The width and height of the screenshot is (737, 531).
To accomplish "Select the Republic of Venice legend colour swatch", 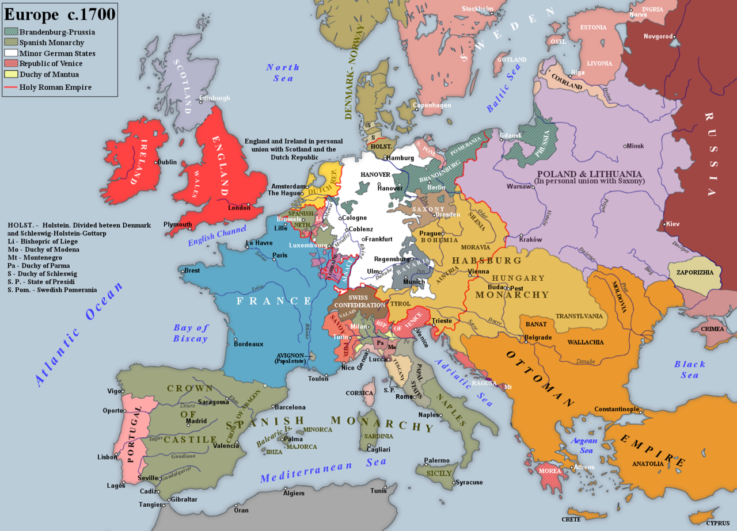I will click(11, 63).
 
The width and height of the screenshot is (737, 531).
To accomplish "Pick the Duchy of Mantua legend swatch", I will click(11, 74).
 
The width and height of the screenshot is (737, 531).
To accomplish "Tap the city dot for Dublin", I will click(155, 162).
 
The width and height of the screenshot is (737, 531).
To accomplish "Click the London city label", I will click(239, 208).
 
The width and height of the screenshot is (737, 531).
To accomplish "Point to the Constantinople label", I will click(617, 409).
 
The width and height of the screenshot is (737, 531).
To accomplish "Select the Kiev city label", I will click(672, 224).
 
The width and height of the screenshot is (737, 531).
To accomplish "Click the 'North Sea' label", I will click(283, 72).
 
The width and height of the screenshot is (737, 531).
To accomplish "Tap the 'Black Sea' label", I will click(690, 369).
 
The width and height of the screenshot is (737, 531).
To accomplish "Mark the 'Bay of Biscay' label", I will click(191, 333).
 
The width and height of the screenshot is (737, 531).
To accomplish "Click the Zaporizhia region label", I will click(694, 272).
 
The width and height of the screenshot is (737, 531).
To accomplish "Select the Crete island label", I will click(571, 519).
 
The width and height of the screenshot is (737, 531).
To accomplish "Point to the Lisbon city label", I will click(107, 457).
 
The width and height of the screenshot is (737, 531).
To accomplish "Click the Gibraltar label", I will click(184, 499).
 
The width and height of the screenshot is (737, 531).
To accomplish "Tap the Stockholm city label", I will click(477, 9).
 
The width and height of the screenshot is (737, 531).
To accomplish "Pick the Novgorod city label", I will click(658, 36).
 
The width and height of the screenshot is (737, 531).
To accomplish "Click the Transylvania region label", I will click(579, 316).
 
